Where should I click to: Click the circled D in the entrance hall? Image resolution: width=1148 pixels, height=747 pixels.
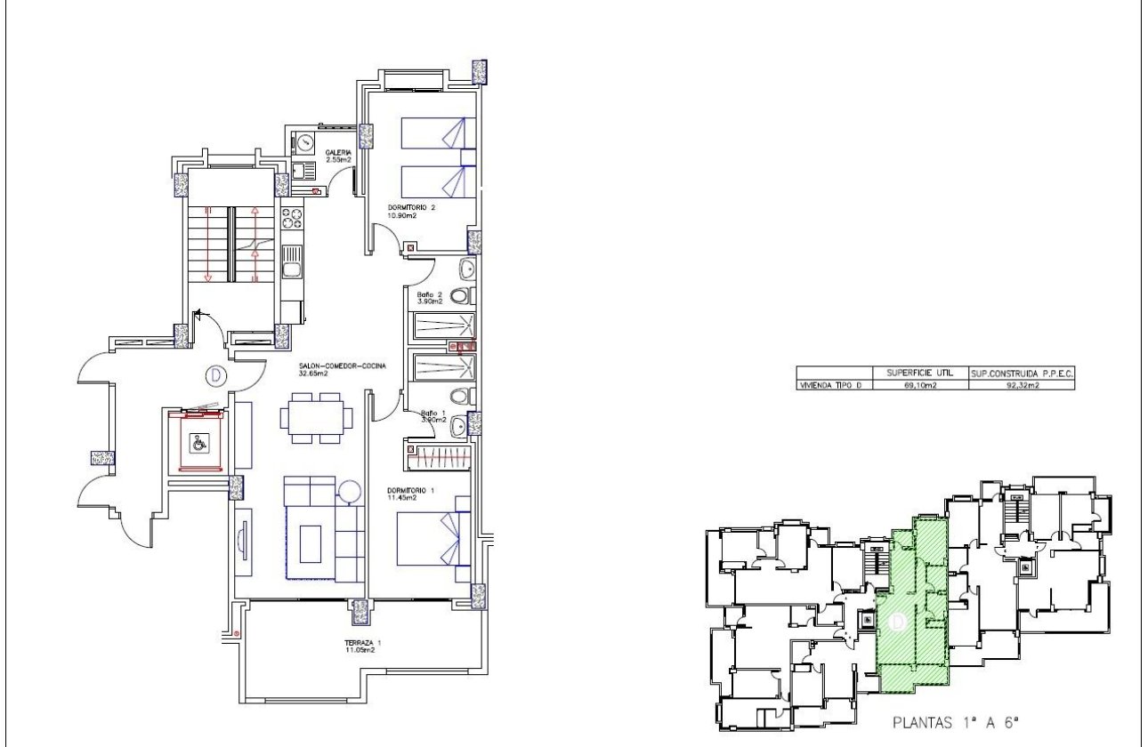(214, 375)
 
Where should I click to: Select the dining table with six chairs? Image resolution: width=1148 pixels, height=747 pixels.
(316, 418)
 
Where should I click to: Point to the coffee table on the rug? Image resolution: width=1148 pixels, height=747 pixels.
(311, 542)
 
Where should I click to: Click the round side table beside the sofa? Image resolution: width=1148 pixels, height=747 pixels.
(349, 490)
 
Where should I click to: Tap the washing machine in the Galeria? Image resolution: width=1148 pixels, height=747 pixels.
(303, 141)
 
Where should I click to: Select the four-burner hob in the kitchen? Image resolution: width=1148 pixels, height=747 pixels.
(292, 221)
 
